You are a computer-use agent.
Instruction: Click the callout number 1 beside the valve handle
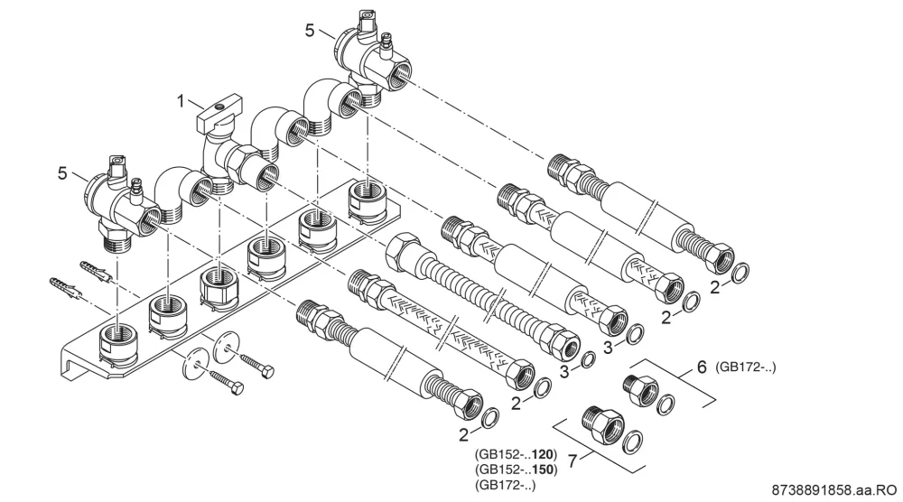[181, 101]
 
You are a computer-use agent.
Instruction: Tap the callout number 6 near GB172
[702, 367]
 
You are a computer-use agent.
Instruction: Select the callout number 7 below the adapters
[573, 460]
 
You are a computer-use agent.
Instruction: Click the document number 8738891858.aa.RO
[834, 490]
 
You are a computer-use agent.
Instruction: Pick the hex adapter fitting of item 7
[602, 423]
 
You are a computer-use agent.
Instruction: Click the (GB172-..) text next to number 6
[745, 367]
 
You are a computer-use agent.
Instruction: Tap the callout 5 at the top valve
[310, 30]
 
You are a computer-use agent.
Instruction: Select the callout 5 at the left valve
[62, 172]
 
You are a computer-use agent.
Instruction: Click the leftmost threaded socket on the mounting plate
[117, 346]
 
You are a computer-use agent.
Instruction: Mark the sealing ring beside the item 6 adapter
[666, 405]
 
